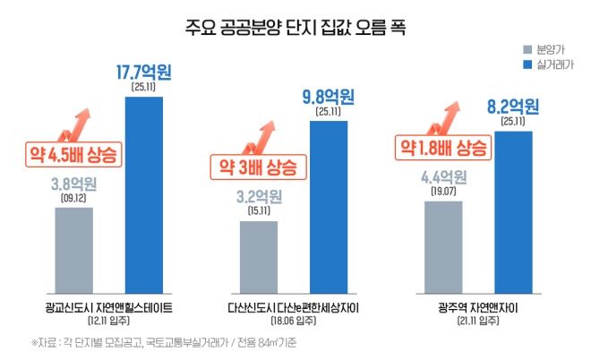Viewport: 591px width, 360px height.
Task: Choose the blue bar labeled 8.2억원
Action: coord(513,210)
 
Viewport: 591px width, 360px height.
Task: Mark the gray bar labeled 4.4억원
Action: coord(443,244)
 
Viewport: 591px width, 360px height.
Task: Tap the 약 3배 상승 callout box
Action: coord(256,166)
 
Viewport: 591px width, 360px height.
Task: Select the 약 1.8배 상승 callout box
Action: coord(444,146)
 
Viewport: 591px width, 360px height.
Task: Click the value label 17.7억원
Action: coord(144,70)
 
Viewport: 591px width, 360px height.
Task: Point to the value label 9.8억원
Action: coord(329,95)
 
